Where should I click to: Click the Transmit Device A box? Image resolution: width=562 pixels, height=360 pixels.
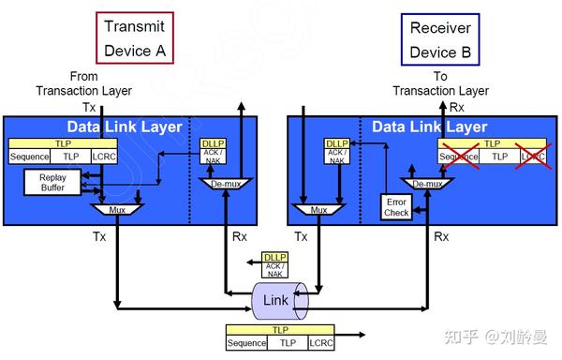tap(134, 37)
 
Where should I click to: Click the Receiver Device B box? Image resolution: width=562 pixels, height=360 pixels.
tap(440, 37)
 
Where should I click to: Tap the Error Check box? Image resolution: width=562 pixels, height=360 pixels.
tap(396, 206)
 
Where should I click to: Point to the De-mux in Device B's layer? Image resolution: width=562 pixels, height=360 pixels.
tap(426, 184)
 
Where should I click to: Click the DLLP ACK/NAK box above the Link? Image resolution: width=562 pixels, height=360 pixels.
tap(274, 265)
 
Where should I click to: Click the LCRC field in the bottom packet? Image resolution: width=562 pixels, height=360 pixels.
tap(320, 343)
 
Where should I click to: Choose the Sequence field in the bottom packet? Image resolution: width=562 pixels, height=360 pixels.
tap(246, 343)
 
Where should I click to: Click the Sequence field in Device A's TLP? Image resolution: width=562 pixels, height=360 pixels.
tap(29, 157)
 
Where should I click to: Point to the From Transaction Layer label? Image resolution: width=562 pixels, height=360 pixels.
tap(84, 83)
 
